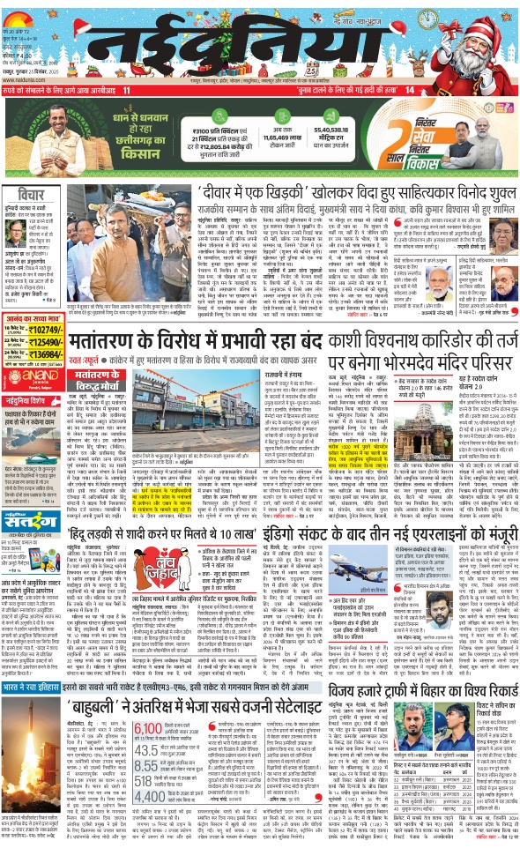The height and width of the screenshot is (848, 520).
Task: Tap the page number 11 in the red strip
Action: [x=127, y=90]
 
